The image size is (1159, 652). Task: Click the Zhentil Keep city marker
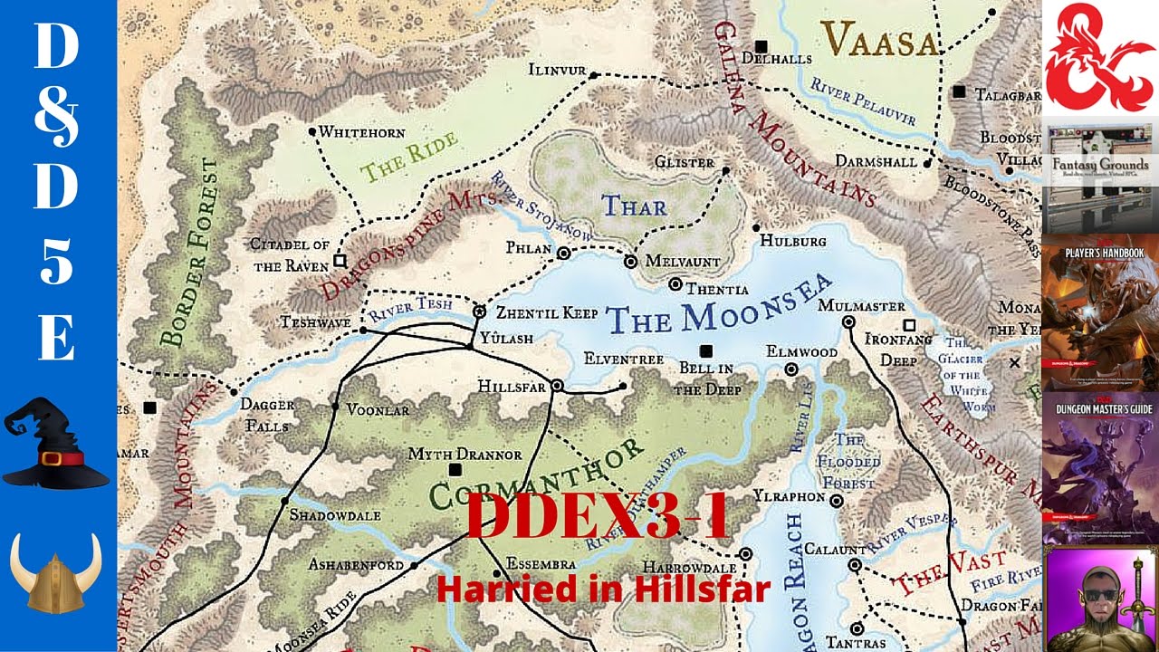coord(479,312)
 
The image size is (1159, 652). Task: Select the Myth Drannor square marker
coord(455,469)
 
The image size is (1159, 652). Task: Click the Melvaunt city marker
coord(631,261)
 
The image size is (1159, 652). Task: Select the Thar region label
coord(634,206)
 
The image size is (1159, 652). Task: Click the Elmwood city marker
coord(791,369)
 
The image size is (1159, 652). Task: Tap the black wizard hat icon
coord(57,445)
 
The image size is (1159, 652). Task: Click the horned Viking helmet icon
coord(56,570)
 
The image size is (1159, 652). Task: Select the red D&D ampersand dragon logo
coord(1100,58)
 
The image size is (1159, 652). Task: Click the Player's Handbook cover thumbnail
coord(1100,312)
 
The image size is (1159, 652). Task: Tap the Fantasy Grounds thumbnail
coord(1100,177)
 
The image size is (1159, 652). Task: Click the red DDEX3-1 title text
coord(597,518)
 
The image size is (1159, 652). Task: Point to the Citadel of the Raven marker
coord(340,261)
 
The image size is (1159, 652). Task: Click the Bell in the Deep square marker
coord(705,351)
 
